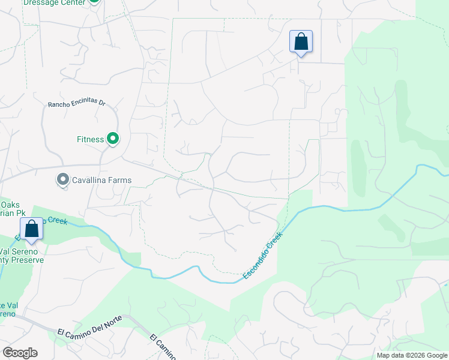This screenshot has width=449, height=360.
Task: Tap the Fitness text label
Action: click(91, 139)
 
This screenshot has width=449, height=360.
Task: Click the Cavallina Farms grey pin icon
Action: click(63, 180)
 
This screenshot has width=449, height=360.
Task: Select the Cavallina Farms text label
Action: click(102, 180)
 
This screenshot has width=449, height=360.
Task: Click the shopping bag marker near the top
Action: click(301, 42)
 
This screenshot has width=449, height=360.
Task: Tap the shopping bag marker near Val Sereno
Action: click(31, 229)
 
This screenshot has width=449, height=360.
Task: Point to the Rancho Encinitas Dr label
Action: click(76, 104)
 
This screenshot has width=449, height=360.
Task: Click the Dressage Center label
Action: click(55, 2)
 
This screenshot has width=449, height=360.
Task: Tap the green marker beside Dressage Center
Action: click(94, 2)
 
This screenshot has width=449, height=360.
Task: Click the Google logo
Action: click(20, 353)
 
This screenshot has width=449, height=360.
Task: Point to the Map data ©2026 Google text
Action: click(412, 355)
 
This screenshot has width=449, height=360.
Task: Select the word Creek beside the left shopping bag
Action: click(58, 221)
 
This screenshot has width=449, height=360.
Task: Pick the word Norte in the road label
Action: click(111, 319)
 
